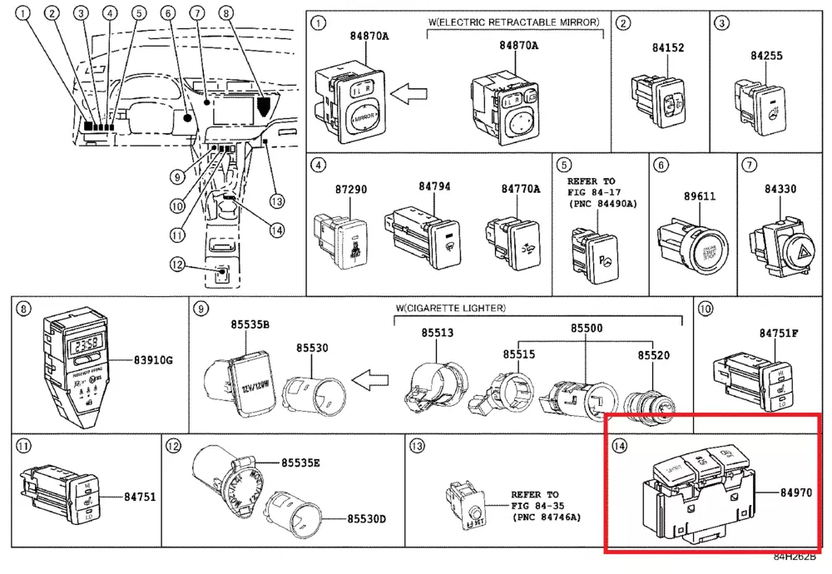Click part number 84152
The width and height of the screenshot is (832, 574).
coord(668,48)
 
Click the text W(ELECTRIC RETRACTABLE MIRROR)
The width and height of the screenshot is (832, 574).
coord(515,22)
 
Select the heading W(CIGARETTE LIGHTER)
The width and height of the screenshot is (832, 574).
coord(449,309)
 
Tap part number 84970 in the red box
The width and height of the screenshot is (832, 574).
coord(795,493)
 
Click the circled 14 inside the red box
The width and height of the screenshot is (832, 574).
coord(619,447)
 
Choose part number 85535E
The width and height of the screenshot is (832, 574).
coord(301,463)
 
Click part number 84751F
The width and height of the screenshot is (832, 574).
coord(778,333)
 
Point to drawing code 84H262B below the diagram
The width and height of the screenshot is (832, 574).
coord(794,557)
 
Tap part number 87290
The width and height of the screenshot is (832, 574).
coord(349,190)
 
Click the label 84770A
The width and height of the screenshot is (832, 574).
coord(520,190)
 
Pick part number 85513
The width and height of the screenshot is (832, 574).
coord(437,333)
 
